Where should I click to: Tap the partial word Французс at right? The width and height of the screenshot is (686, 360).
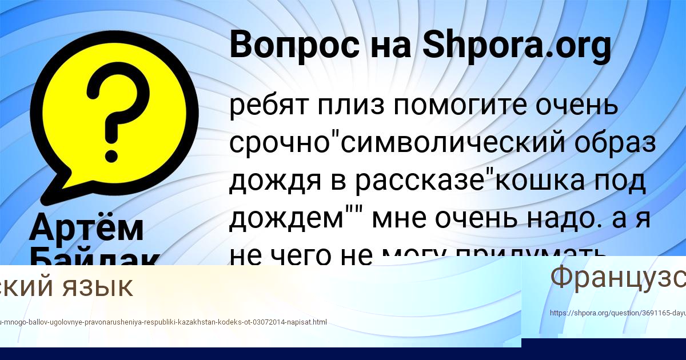(617, 278)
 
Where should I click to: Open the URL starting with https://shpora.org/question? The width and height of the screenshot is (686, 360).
(617, 313)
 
